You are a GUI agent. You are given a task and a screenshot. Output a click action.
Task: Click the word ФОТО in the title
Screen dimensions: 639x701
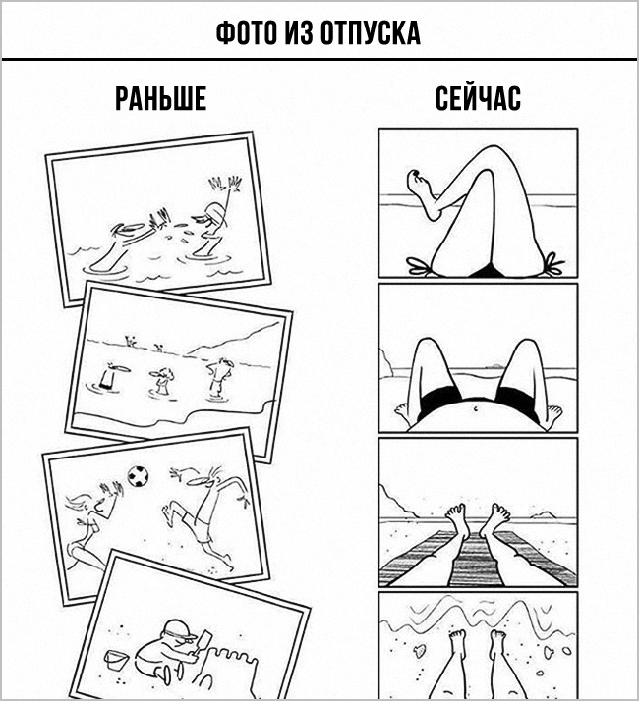click(246, 32)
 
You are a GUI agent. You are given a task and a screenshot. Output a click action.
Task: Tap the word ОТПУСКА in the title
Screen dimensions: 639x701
click(371, 32)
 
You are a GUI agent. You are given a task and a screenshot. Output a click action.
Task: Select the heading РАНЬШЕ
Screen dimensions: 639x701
click(161, 98)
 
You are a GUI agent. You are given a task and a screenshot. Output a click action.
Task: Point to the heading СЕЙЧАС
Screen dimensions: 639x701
click(478, 98)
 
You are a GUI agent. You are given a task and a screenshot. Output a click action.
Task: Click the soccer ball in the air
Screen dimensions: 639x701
click(138, 476)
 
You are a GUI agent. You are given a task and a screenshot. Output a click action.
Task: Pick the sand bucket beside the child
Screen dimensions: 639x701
click(116, 660)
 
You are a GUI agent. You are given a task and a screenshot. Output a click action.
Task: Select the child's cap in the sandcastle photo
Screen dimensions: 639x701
click(179, 628)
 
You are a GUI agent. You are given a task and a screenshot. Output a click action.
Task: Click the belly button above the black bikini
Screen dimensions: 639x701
click(475, 407)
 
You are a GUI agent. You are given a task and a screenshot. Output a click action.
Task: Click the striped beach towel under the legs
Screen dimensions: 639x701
click(477, 559)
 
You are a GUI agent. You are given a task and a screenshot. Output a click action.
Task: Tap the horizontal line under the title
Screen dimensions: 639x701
click(319, 59)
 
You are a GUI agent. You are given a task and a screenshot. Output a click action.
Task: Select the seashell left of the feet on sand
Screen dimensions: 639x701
click(420, 651)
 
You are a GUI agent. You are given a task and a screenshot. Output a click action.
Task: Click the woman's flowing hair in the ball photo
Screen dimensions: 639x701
click(82, 503)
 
